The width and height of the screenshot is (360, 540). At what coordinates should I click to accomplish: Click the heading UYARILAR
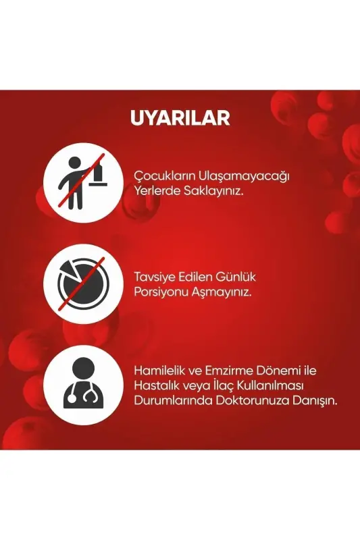pyautogui.click(x=180, y=117)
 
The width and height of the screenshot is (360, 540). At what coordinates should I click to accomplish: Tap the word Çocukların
pyautogui.click(x=163, y=177)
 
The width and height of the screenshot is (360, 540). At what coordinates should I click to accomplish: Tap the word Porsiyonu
pyautogui.click(x=160, y=292)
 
